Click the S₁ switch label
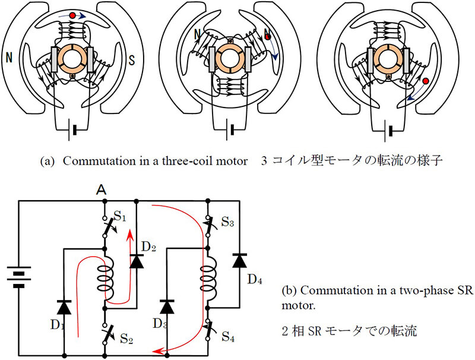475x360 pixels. (x=120, y=216)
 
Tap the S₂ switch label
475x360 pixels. (x=126, y=338)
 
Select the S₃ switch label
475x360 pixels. (x=227, y=222)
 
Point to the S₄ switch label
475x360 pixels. (x=228, y=336)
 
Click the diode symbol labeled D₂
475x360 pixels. (x=137, y=261)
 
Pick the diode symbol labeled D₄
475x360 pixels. (x=239, y=260)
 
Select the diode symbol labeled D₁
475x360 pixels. (x=64, y=307)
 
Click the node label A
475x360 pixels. (x=101, y=190)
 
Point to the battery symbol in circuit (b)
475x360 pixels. (x=19, y=277)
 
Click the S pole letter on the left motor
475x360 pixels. (x=131, y=59)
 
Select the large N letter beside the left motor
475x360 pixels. (x=9, y=57)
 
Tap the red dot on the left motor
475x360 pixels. (x=72, y=15)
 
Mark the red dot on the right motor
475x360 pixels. (x=426, y=81)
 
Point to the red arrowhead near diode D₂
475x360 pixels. (x=130, y=235)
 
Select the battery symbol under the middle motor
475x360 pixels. (x=230, y=130)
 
